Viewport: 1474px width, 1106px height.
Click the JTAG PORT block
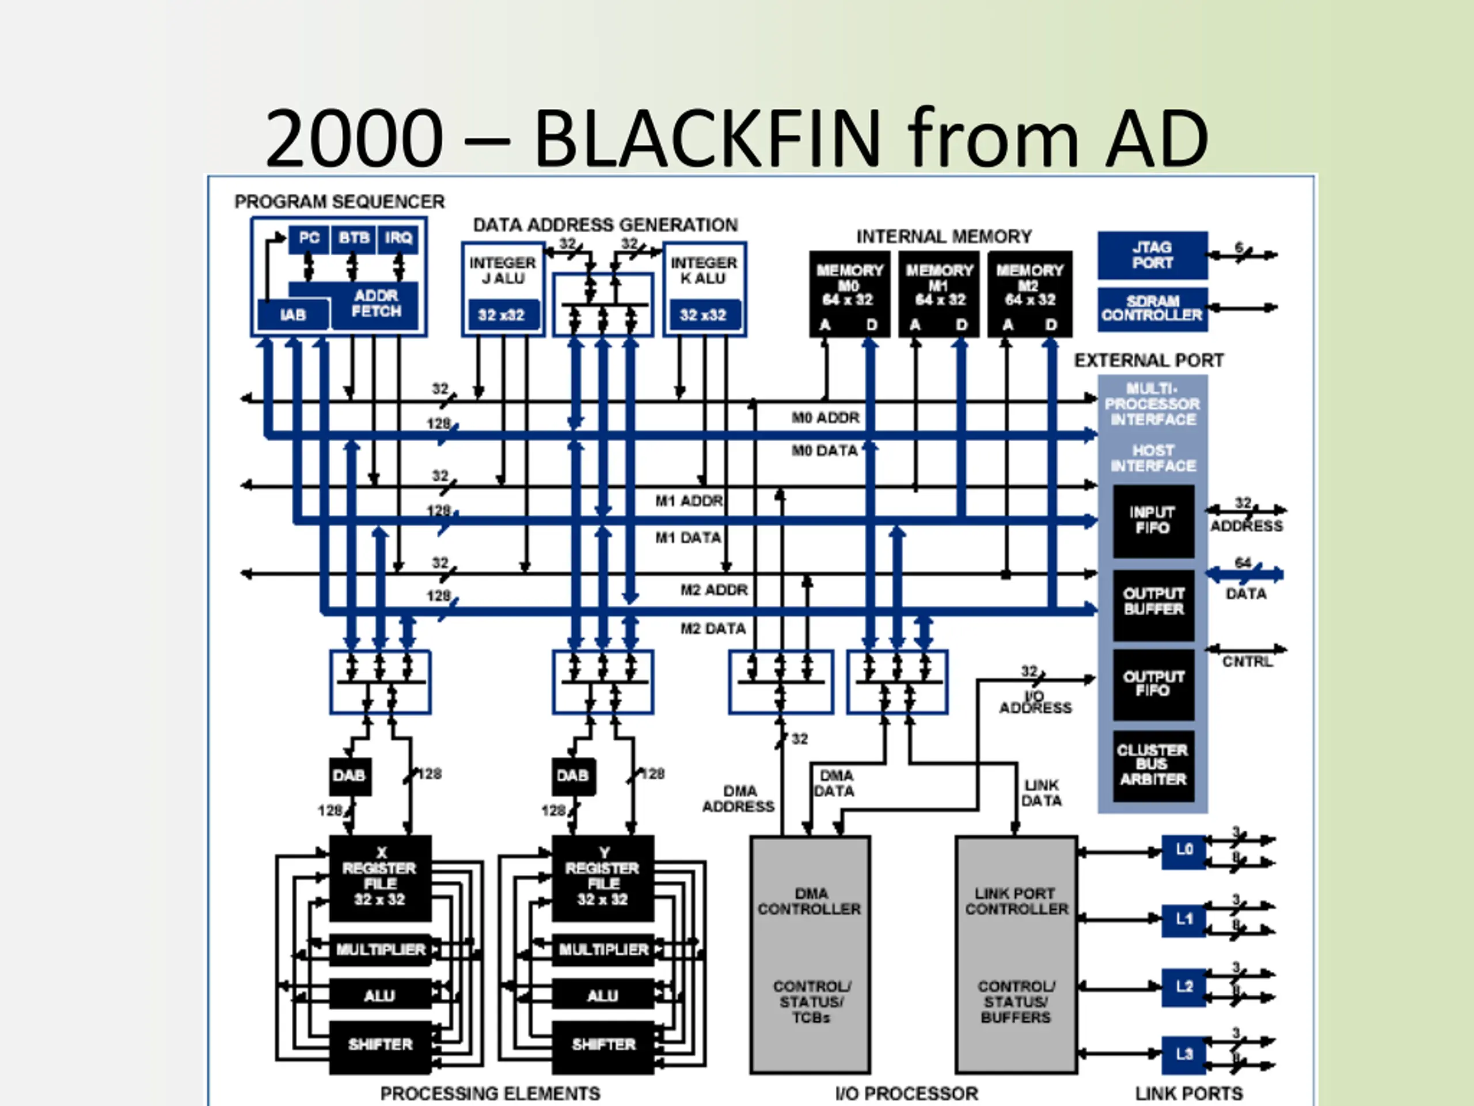(x=1152, y=255)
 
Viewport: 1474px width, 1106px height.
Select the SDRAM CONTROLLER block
(x=1152, y=309)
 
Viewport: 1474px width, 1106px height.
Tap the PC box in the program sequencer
(x=309, y=238)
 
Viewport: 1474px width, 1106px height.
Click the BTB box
(x=353, y=238)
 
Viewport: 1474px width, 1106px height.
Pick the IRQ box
(x=398, y=238)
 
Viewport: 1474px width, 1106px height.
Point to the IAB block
(x=293, y=315)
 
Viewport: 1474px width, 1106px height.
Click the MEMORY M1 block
(x=939, y=293)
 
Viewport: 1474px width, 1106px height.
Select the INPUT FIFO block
(x=1153, y=521)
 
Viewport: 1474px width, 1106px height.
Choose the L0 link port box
(x=1183, y=851)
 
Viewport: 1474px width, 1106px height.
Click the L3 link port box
(x=1183, y=1055)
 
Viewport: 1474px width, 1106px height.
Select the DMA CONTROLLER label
(x=810, y=902)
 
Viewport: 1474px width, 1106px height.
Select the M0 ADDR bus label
(x=826, y=418)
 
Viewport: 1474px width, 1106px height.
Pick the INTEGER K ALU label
(x=704, y=271)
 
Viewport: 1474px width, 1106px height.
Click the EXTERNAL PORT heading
(x=1149, y=361)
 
